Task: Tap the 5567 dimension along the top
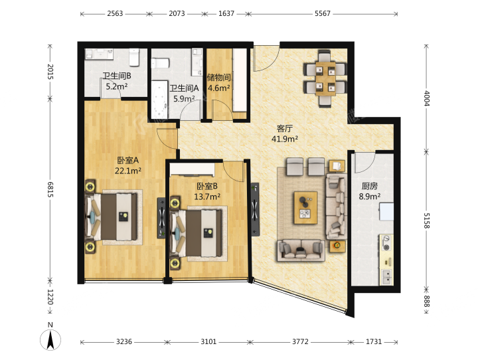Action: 323,14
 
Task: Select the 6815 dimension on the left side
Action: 50,189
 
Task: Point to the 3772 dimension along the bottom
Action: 300,341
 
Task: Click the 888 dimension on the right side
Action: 426,302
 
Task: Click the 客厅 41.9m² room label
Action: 284,134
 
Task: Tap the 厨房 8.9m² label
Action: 370,191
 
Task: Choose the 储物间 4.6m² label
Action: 218,82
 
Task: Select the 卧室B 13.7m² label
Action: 207,191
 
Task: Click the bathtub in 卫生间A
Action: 159,100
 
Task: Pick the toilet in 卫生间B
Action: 134,57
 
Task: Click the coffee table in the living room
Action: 305,208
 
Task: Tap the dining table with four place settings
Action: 325,79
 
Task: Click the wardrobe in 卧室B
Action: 193,169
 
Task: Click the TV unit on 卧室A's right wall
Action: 161,218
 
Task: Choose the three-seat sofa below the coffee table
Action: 301,250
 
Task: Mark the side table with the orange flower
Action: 337,246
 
